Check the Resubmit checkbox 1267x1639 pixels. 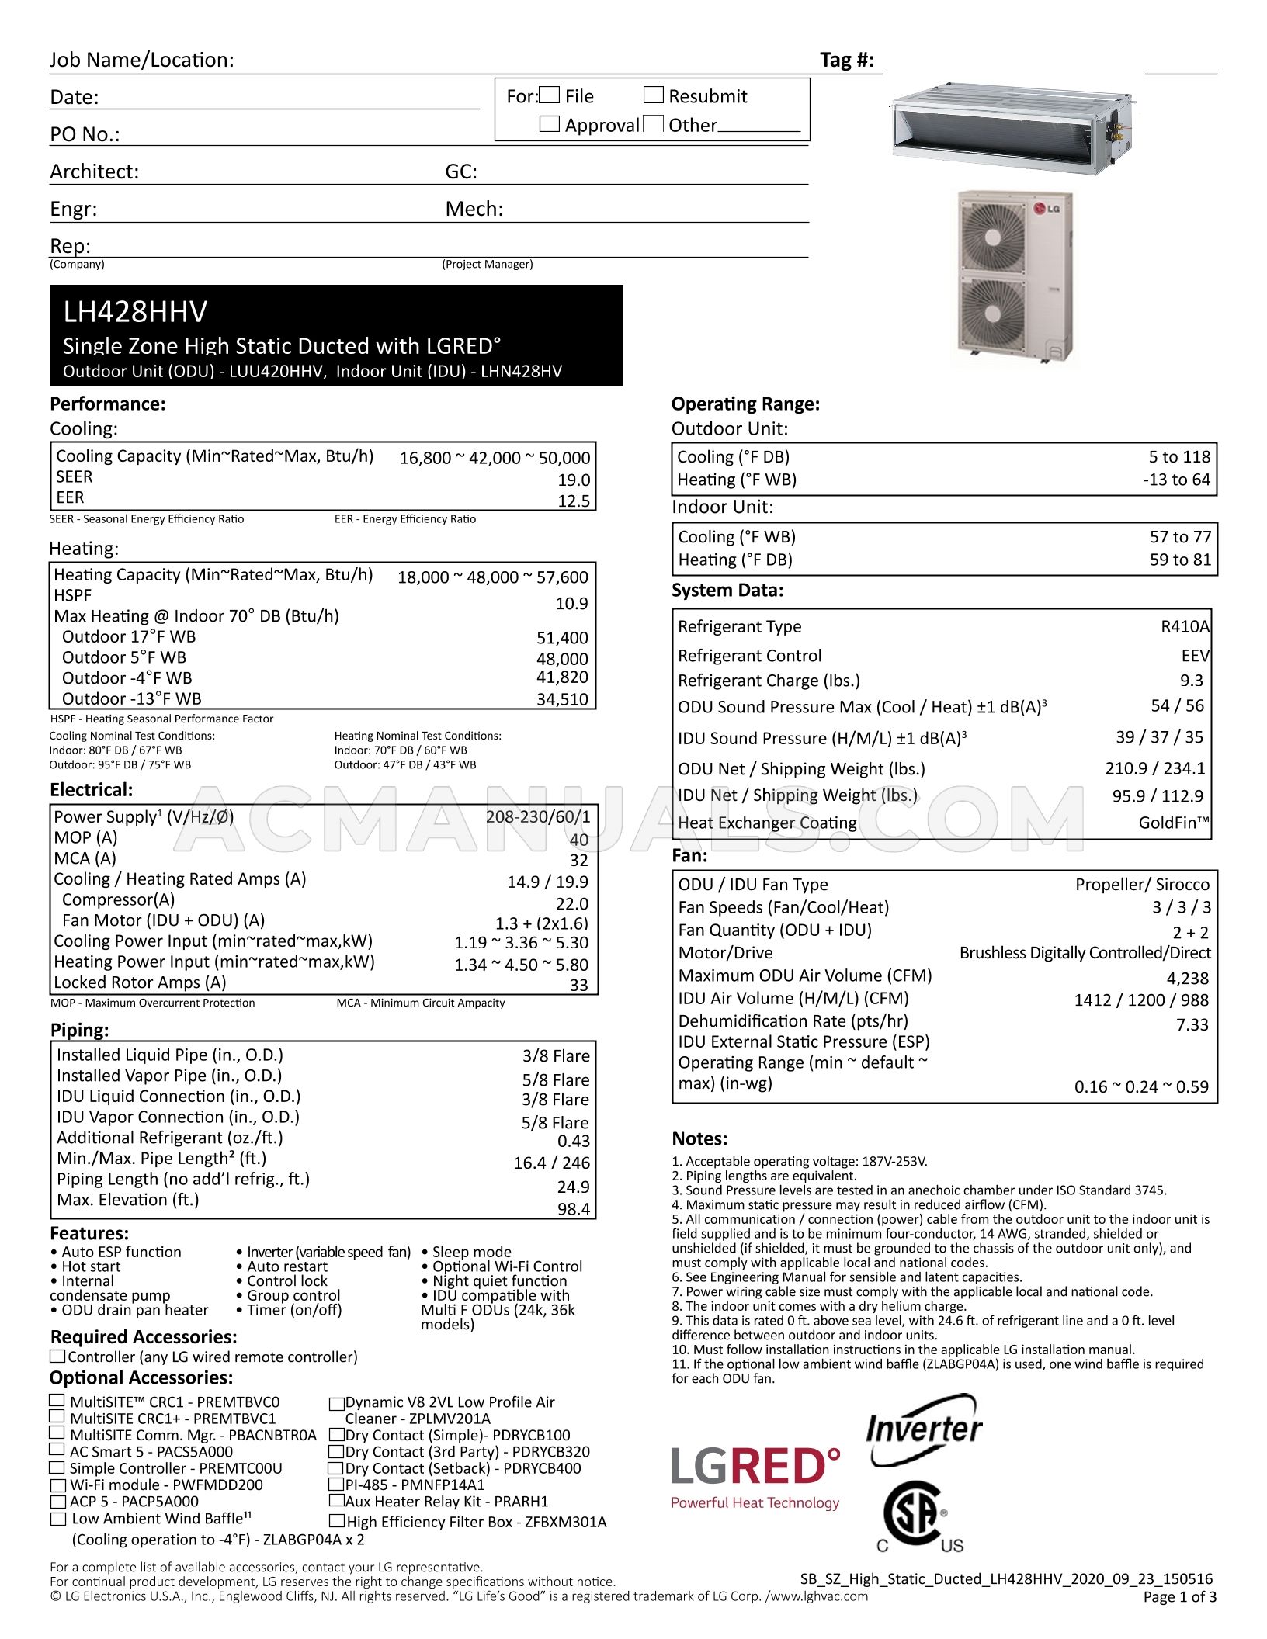pyautogui.click(x=653, y=95)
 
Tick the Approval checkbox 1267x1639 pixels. pyautogui.click(x=549, y=123)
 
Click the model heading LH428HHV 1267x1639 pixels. pyautogui.click(x=135, y=312)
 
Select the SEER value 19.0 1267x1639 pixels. pyautogui.click(x=574, y=480)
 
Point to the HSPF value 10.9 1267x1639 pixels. pyautogui.click(x=571, y=603)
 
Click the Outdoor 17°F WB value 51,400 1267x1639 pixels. pyautogui.click(x=562, y=638)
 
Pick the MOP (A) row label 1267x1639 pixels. pyautogui.click(x=85, y=837)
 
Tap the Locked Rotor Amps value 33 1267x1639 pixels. pyautogui.click(x=578, y=985)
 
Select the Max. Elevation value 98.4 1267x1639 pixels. pyautogui.click(x=573, y=1209)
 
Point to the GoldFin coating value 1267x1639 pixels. pyautogui.click(x=1173, y=823)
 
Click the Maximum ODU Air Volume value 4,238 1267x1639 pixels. pyautogui.click(x=1187, y=978)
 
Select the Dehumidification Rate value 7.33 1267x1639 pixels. pyautogui.click(x=1192, y=1024)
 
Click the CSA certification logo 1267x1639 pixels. pyautogui.click(x=914, y=1515)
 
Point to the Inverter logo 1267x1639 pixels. pyautogui.click(x=924, y=1430)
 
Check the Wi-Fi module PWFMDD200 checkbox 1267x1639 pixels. pyautogui.click(x=58, y=1485)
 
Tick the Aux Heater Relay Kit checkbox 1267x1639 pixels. pyautogui.click(x=337, y=1501)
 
